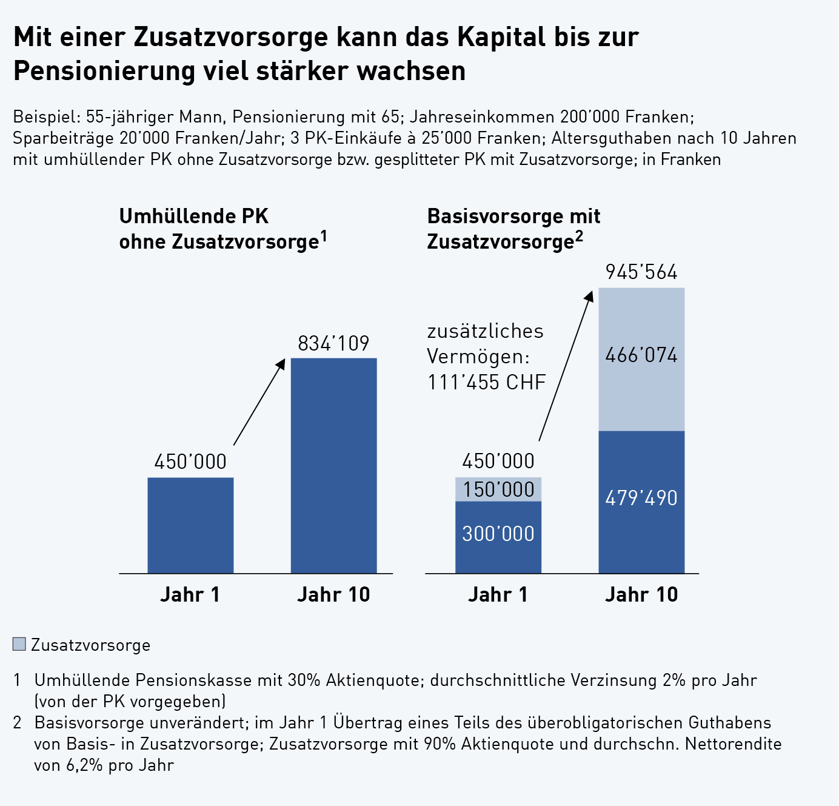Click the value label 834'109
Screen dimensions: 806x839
(333, 344)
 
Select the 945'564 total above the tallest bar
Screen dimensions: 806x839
(641, 272)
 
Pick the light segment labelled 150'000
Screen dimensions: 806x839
(498, 489)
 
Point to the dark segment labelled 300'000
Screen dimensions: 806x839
(498, 534)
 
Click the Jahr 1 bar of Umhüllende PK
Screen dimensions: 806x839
(190, 525)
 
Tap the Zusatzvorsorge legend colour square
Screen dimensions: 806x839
(19, 644)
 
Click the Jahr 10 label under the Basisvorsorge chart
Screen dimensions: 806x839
(641, 595)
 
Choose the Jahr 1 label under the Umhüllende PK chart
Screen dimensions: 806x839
(190, 595)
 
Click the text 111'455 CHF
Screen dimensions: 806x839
(487, 383)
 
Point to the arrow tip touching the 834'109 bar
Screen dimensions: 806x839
(282, 360)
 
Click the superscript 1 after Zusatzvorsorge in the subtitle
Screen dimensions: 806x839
(324, 235)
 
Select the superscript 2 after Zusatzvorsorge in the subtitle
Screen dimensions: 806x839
(580, 235)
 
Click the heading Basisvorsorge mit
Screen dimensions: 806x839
(513, 217)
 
